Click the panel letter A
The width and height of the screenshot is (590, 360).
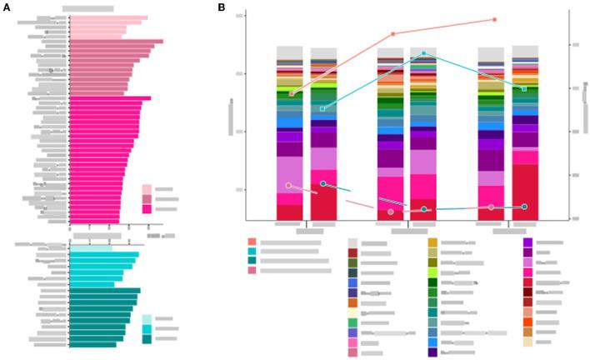[x=7, y=7]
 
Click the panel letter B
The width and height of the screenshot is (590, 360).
[x=221, y=7]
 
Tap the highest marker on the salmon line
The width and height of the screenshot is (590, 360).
[x=494, y=19]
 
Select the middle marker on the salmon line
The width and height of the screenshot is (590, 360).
[x=392, y=34]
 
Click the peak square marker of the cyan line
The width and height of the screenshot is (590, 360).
[x=423, y=53]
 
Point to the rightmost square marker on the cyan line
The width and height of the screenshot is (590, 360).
[x=524, y=88]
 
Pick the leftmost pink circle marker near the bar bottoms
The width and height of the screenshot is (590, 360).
[x=288, y=186]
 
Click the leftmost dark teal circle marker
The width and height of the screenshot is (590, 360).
[x=323, y=183]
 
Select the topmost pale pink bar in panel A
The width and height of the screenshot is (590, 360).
[x=108, y=17]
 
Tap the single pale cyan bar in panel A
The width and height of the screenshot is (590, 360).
[x=90, y=248]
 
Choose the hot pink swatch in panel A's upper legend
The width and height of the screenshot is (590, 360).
[x=147, y=209]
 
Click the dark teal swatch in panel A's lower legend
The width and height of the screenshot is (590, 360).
[x=147, y=339]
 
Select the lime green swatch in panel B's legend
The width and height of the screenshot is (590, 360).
[x=432, y=272]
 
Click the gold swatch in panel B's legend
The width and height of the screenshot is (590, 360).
[x=432, y=242]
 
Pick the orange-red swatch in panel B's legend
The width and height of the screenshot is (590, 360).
[x=527, y=322]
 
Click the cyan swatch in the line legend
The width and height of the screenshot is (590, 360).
[x=252, y=251]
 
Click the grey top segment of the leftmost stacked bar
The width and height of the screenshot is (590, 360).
[x=289, y=52]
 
